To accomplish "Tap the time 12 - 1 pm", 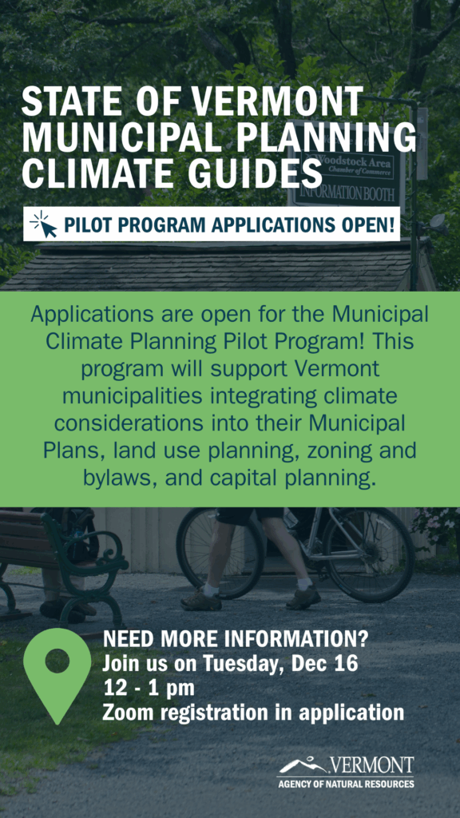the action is pyautogui.click(x=149, y=688).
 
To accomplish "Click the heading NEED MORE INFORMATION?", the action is pyautogui.click(x=236, y=638).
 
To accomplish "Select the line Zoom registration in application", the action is pyautogui.click(x=253, y=713).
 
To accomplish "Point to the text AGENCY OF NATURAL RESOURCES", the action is pyautogui.click(x=345, y=784).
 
